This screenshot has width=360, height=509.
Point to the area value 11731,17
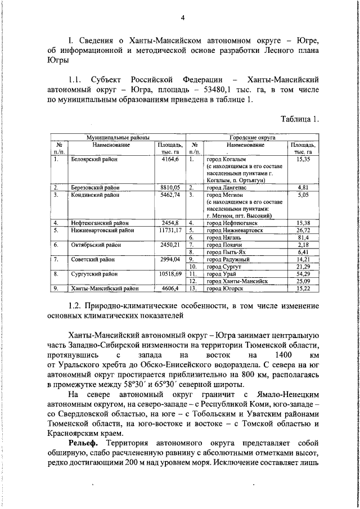point(167,230)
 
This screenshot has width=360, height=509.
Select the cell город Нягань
point(223,238)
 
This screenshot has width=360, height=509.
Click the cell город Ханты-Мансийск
point(237,281)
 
